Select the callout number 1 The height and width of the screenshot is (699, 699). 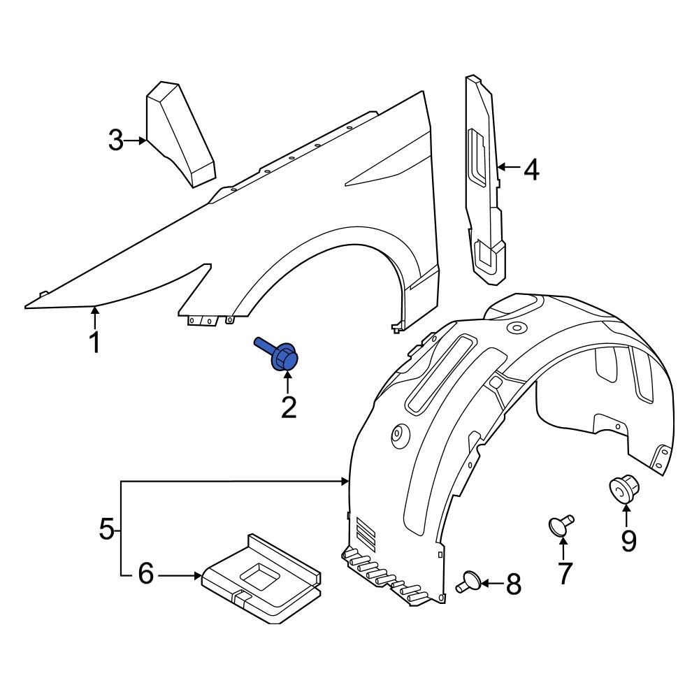93,343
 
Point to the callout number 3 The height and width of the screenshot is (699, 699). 116,140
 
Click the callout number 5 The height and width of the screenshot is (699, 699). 106,528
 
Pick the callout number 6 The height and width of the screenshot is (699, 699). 145,575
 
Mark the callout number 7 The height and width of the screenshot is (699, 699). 563,572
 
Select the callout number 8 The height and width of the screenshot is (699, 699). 514,584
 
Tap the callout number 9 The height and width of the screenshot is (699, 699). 628,540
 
